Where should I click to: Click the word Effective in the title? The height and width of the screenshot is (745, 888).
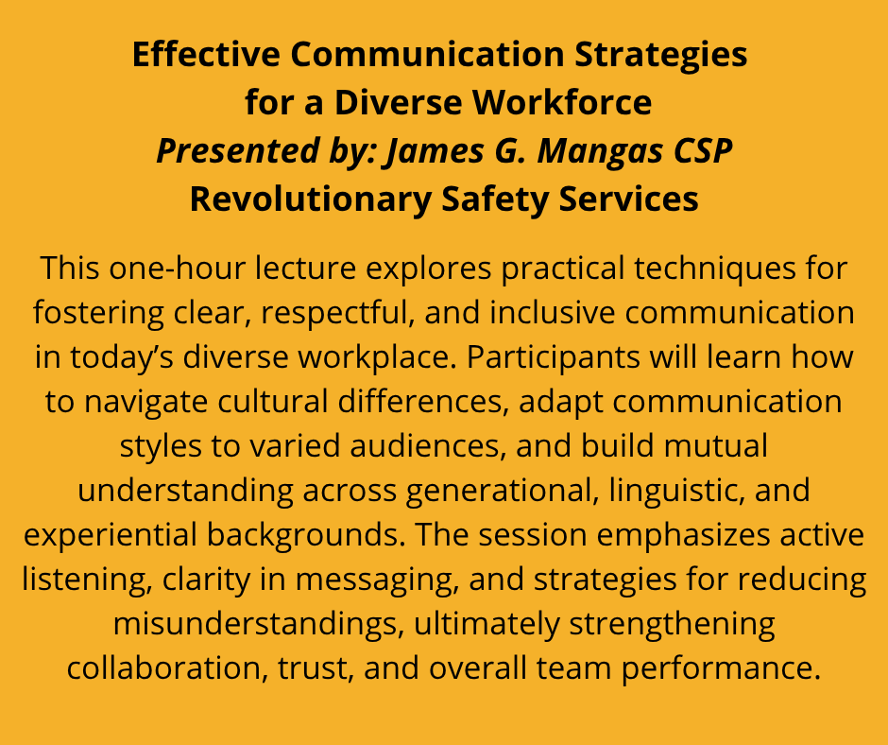[206, 54]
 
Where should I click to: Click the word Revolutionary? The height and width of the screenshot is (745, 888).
[311, 200]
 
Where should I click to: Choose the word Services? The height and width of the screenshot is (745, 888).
[628, 199]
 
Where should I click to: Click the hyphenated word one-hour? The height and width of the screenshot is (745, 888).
[176, 268]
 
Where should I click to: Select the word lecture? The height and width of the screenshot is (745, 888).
[305, 268]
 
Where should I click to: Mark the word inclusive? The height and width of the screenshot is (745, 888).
[553, 312]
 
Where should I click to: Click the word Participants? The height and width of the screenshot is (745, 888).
[553, 357]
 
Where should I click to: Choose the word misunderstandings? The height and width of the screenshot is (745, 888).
[258, 624]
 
